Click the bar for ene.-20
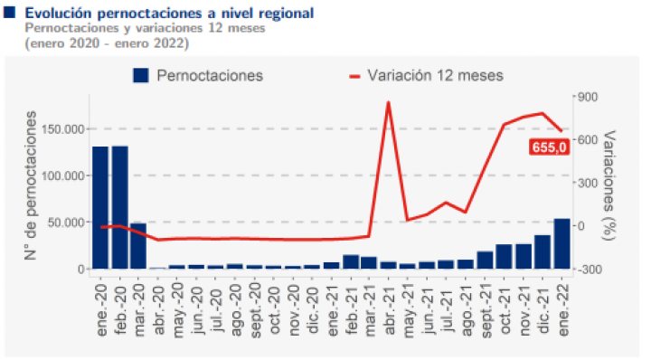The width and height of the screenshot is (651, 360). (100, 208)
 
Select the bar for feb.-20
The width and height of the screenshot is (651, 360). (120, 207)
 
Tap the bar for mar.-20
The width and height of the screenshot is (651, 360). (138, 246)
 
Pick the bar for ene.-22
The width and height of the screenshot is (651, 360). (561, 243)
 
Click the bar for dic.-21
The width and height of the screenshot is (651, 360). (542, 252)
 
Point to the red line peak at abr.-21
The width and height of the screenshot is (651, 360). (388, 101)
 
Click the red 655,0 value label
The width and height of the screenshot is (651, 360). (549, 147)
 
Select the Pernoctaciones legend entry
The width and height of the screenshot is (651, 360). (198, 76)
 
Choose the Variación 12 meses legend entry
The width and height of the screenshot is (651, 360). (427, 76)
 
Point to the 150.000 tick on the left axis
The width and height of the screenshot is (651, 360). (63, 129)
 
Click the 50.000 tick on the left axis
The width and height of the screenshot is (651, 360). (66, 223)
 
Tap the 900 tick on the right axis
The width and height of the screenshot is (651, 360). (588, 97)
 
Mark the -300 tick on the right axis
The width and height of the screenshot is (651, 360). (585, 270)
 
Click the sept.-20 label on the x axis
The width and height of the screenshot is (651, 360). (255, 309)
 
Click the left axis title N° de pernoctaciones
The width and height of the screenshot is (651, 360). (31, 185)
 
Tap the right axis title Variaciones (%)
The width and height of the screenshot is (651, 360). (609, 185)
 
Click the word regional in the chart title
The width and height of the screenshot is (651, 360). (286, 14)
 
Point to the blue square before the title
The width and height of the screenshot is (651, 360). (9, 12)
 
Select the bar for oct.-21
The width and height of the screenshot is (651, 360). (504, 257)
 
